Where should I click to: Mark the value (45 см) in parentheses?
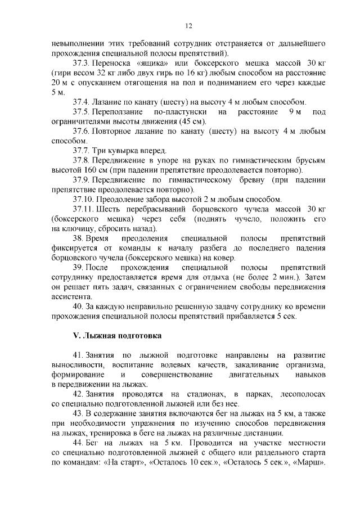pyautogui.click(x=191, y=122)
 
